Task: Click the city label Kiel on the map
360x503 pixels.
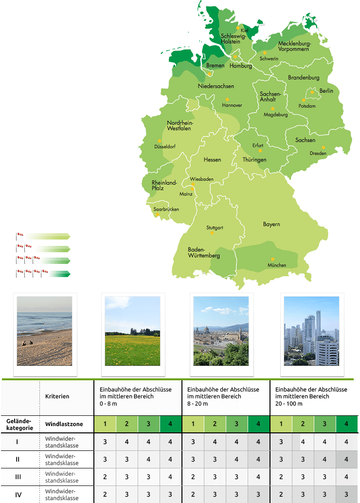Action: [244, 30]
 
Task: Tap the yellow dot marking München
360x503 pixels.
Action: [273, 259]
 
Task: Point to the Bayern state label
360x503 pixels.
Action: [271, 224]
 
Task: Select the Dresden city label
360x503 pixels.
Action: [318, 153]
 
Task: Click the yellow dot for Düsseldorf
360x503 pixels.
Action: [160, 141]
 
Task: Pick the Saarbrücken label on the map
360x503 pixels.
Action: [166, 209]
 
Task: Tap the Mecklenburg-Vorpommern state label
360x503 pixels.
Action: [294, 46]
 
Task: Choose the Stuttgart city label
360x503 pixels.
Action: [215, 227]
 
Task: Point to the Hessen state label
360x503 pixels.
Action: [212, 160]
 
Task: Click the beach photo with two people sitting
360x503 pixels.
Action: [44, 331]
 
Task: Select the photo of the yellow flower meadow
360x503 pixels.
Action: [132, 331]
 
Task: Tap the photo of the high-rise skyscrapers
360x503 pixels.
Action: [311, 331]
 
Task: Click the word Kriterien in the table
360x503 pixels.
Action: [57, 396]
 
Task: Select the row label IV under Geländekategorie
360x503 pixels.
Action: [18, 495]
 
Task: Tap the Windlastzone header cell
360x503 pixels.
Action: [64, 424]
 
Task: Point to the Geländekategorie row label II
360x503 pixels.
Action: [18, 459]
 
